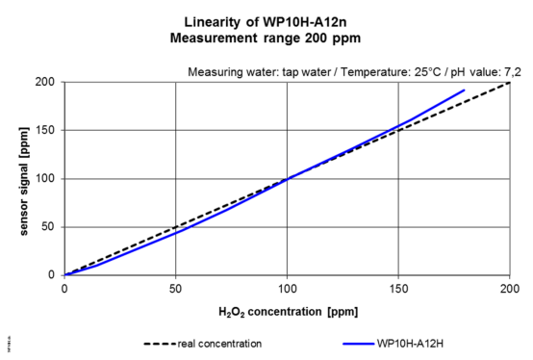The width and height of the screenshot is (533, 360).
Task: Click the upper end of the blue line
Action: click(464, 90)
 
